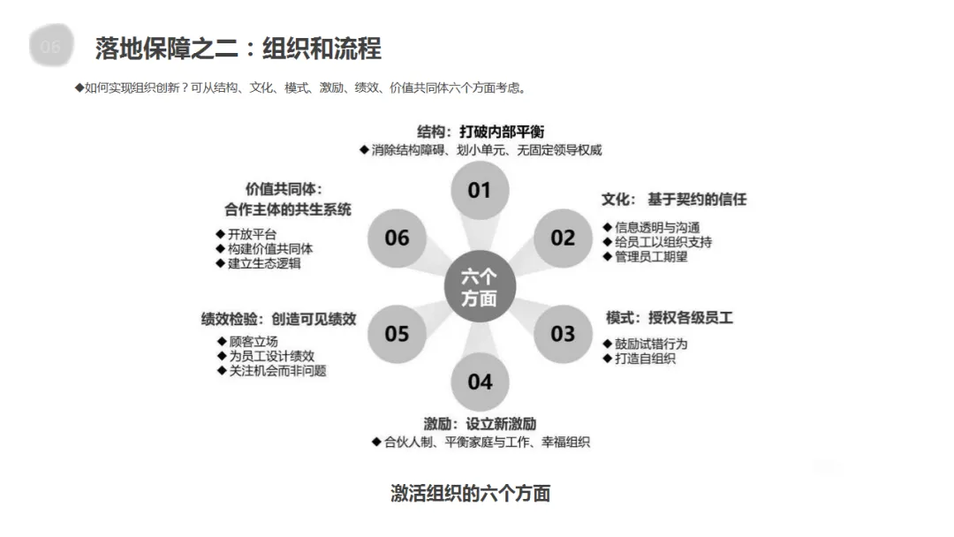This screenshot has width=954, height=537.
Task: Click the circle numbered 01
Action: coord(479,190)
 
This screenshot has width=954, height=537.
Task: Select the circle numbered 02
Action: coord(563,238)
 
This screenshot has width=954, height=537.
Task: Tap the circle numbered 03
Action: coord(563,334)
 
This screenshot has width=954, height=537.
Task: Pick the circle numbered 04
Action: coord(480,382)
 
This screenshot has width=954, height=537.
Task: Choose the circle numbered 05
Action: coord(397,334)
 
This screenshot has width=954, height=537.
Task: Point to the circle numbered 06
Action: coord(397,238)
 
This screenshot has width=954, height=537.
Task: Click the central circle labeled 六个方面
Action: coord(479,287)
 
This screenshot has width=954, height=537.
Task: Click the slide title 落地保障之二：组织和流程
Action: coord(238,49)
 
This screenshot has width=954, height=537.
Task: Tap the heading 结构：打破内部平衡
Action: coord(480,132)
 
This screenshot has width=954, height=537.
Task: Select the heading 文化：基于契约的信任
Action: coord(674,200)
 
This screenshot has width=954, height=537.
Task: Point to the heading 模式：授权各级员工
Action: coord(670,317)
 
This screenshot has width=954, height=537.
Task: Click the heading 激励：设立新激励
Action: coord(480,424)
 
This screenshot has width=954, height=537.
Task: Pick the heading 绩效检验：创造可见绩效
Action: coord(278,319)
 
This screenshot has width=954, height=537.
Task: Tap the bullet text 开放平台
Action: coord(252,234)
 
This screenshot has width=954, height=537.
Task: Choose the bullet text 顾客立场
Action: coord(254,342)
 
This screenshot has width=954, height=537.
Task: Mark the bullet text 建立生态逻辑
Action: coord(264,263)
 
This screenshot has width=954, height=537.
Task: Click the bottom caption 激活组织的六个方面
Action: coord(471,493)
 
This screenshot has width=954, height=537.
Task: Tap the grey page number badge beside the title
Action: coord(50,47)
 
